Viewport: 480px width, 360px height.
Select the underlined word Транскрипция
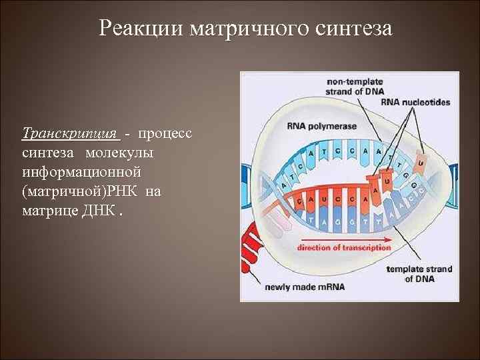(x=71, y=133)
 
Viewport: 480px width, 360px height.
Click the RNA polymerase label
(x=313, y=126)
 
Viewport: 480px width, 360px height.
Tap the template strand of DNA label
(x=419, y=274)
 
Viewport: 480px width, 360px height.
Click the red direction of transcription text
(x=345, y=247)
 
